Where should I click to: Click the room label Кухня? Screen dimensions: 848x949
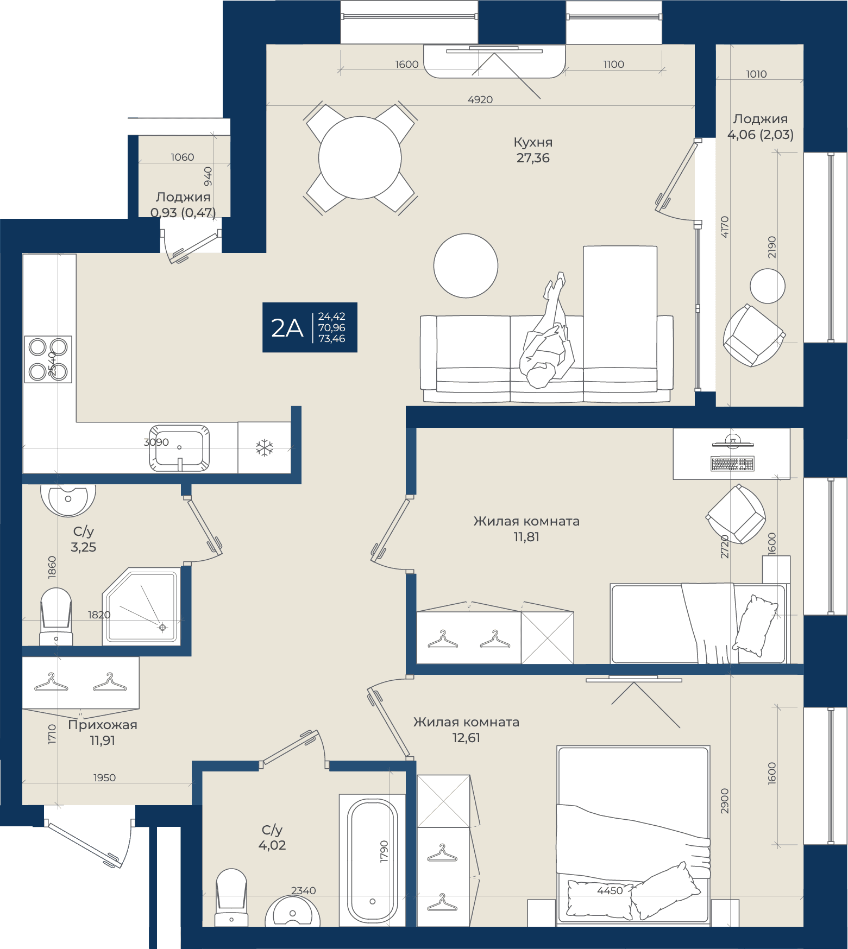[x=533, y=142]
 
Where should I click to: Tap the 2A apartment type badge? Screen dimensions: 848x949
[x=310, y=327]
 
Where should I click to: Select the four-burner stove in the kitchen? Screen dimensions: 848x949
[x=48, y=359]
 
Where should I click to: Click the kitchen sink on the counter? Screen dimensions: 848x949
[x=179, y=448]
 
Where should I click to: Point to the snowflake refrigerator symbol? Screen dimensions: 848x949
[x=265, y=448]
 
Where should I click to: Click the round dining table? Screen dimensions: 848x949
[x=360, y=158]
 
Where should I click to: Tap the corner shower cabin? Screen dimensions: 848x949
[x=141, y=606]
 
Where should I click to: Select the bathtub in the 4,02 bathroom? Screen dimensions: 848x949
[x=372, y=860]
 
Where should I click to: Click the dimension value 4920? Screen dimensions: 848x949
[x=480, y=100]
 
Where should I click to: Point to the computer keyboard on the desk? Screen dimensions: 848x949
[x=732, y=464]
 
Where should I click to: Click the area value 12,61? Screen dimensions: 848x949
[x=466, y=738]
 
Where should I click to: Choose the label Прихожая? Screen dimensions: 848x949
[x=103, y=725]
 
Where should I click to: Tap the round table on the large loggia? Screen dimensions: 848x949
[x=768, y=286]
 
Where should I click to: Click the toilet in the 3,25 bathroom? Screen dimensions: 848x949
[x=56, y=617]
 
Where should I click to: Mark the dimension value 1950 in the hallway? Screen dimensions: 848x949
[x=104, y=778]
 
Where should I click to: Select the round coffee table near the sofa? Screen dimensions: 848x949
[x=466, y=265]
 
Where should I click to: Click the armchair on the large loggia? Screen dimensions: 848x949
[x=753, y=335]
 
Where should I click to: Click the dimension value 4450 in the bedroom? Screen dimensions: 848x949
[x=610, y=890]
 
